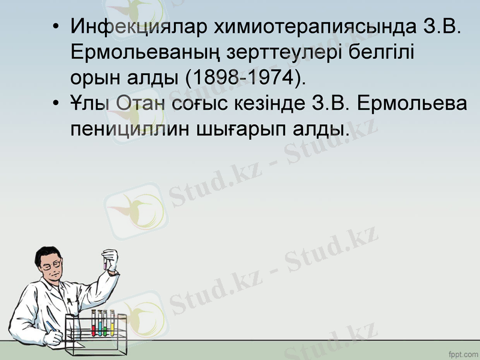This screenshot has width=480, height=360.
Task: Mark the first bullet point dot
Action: pos(56,28)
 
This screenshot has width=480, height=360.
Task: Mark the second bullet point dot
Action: pos(56,103)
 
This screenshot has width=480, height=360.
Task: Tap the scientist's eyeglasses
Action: pos(52,265)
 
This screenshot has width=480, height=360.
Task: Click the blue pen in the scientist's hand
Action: pos(51,327)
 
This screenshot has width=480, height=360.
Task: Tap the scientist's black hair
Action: pos(44,252)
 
